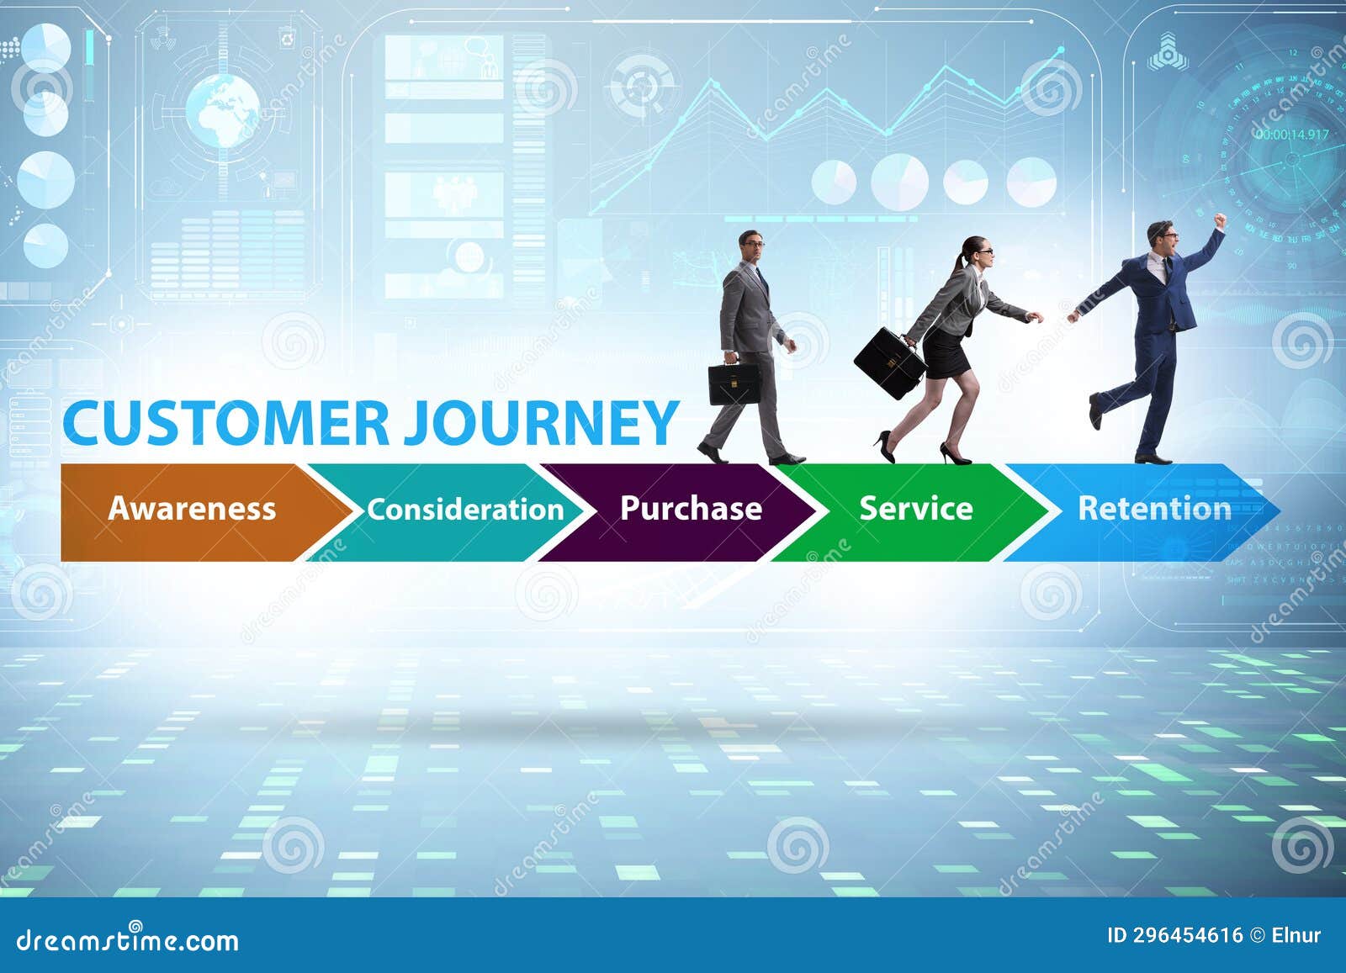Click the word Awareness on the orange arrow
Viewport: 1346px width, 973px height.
pos(192,509)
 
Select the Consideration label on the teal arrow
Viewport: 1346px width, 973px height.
pos(465,510)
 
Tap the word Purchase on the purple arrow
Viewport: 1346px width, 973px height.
pos(691,508)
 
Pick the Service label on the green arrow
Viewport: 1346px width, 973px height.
pos(915,508)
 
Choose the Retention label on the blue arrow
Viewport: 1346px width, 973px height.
pos(1154,508)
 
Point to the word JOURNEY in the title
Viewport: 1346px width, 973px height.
pos(540,423)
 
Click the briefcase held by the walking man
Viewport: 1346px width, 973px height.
pos(734,383)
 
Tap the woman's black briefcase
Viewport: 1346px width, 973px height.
pos(889,363)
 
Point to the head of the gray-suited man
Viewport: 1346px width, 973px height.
pos(750,245)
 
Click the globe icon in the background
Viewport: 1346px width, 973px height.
pos(223,110)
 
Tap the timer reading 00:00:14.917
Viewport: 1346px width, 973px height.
pos(1292,135)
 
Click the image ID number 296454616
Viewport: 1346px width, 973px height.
pos(1187,935)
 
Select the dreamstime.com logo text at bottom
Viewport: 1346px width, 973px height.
pos(128,939)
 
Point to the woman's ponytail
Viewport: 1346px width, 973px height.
pos(959,262)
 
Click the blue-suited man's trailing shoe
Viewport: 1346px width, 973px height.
pos(1094,412)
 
